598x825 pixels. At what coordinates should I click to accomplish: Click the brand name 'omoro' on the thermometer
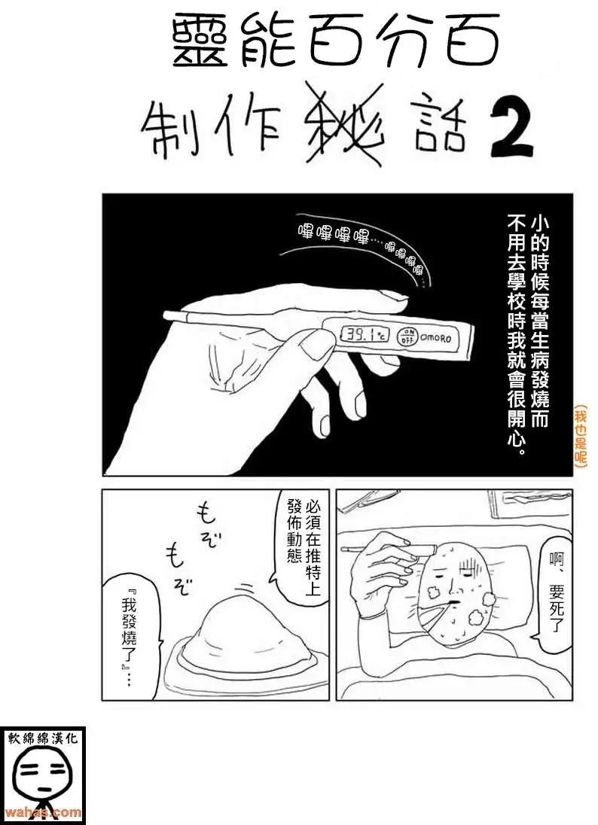click(435, 337)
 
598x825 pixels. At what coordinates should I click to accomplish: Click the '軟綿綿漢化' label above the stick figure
click(43, 738)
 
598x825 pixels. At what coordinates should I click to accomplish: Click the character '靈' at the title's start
click(200, 43)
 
